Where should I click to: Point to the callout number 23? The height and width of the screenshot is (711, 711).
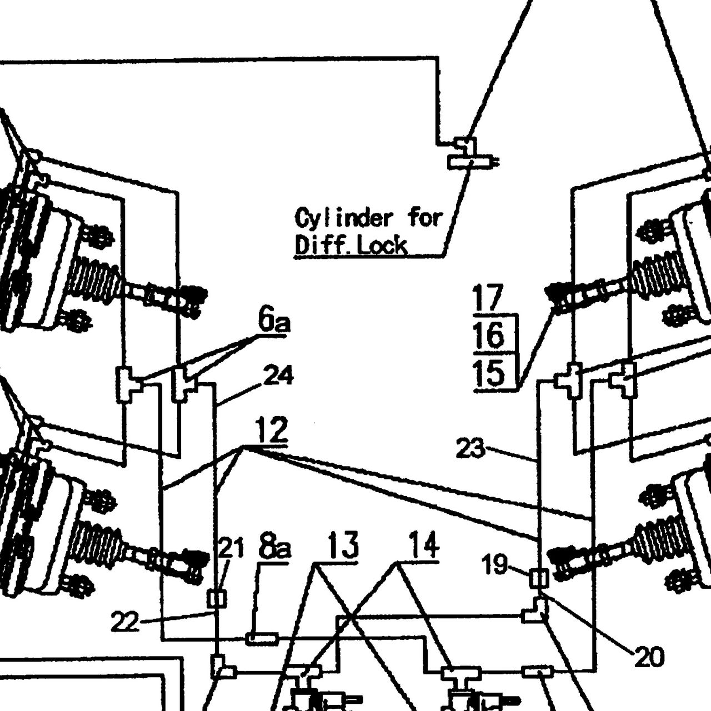pos(470,449)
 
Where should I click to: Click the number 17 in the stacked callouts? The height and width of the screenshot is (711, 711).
pos(488,298)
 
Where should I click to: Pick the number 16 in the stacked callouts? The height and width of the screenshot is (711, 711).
pos(489,334)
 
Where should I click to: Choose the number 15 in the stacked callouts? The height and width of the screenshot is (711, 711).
pos(489,373)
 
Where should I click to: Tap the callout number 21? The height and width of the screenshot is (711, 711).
pos(231,548)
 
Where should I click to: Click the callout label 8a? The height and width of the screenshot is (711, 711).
pos(274,548)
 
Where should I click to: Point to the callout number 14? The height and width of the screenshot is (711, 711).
pos(424,545)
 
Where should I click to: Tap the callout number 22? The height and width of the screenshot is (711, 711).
pos(125,622)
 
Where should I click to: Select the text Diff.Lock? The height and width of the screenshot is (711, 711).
pos(351,245)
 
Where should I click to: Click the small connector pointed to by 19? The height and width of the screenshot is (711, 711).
pos(539,578)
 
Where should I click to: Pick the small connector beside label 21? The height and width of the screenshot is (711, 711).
pos(217,599)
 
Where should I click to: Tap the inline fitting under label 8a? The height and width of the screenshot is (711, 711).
pos(262,638)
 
